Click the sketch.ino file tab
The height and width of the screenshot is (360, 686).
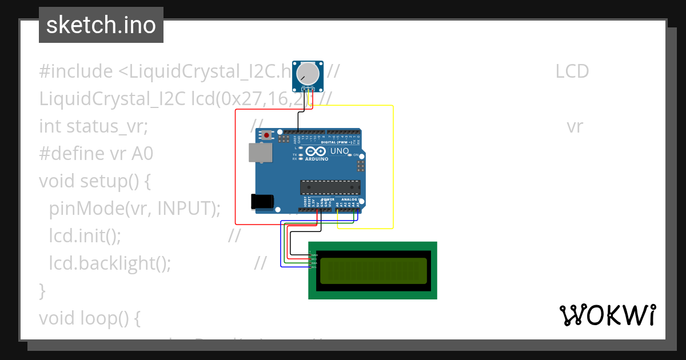tap(101, 25)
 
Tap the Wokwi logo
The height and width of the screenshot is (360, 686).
tap(607, 315)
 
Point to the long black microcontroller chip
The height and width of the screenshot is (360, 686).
tap(330, 187)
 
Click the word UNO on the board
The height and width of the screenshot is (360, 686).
tap(340, 151)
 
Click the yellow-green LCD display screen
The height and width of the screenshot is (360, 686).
tap(373, 270)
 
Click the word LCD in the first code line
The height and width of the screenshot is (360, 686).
tap(572, 71)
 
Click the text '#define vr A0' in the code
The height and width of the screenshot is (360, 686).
tap(96, 154)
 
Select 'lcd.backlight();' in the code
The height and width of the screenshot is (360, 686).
tap(110, 263)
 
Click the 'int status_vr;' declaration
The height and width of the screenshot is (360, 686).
tap(94, 126)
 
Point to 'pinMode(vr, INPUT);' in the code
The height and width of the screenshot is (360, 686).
tap(134, 209)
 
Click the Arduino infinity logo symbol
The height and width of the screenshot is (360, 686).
tap(316, 151)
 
